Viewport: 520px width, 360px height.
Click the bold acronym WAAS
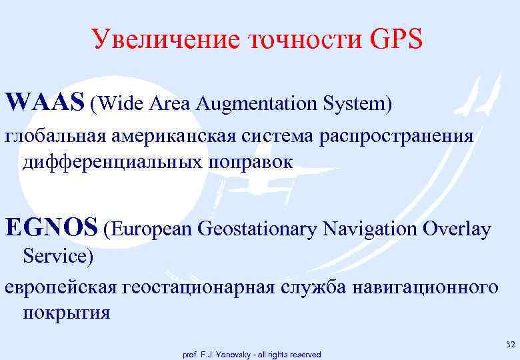tap(44, 103)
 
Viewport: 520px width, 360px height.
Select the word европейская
tap(61, 288)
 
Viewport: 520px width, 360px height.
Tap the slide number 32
tap(510, 344)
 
